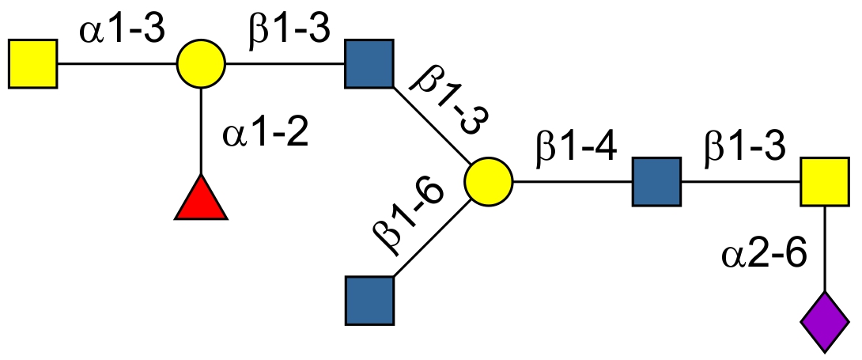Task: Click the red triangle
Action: coord(201,201)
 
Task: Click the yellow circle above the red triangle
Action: coord(201,63)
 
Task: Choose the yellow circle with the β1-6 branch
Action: coord(488,181)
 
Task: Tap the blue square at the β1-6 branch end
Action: coord(369,301)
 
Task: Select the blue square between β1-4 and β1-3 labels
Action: coord(656,181)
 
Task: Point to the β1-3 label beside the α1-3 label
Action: coord(285,32)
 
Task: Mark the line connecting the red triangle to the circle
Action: coord(201,131)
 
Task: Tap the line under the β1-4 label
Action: coord(573,181)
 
